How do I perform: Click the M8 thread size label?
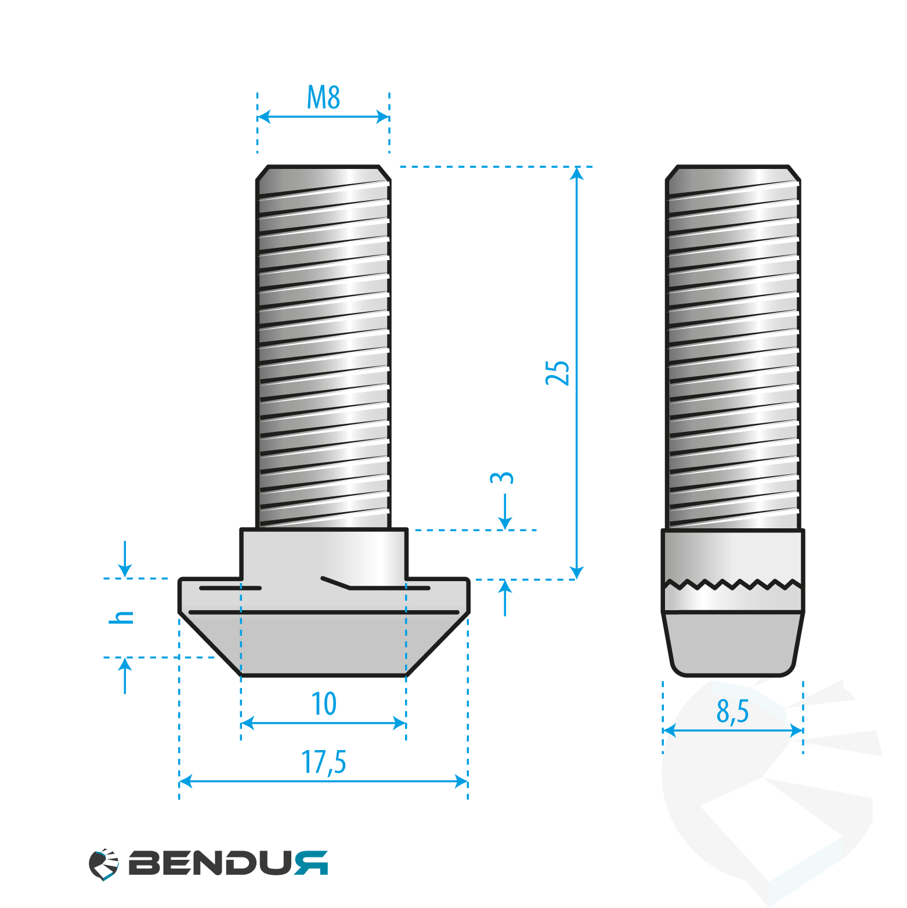pos(323,98)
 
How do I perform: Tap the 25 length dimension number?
pos(558,373)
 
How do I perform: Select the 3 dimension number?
pos(502,478)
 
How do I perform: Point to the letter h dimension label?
pos(121,617)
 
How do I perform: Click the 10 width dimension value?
pos(324,704)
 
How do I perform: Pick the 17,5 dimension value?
pos(323,762)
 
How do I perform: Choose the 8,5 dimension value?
pos(733,711)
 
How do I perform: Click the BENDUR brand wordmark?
pos(228,863)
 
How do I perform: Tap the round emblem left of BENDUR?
pos(104,864)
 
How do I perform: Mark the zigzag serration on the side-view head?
pos(733,583)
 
